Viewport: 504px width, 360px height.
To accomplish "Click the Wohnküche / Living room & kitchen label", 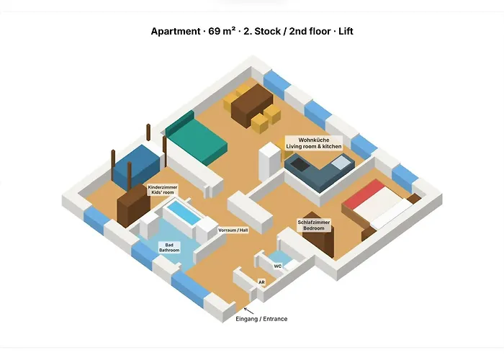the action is click(x=314, y=143).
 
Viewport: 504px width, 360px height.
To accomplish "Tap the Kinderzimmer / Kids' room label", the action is click(x=163, y=189).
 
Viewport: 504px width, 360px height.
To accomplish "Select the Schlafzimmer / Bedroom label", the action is click(x=314, y=225).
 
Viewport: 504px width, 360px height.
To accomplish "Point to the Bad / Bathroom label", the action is click(x=169, y=248).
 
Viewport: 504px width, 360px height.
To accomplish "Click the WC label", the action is click(x=278, y=266).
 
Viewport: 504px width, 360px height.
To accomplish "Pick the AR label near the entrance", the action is click(x=261, y=282).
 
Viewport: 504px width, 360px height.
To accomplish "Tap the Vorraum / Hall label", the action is click(x=233, y=230).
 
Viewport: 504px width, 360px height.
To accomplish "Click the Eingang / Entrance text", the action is click(x=261, y=319).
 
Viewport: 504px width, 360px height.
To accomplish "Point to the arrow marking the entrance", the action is click(x=248, y=311).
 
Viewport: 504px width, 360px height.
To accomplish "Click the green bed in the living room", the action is click(x=197, y=139).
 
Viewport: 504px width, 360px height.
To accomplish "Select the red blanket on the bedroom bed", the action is click(x=364, y=194).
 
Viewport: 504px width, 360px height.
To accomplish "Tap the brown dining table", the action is click(x=252, y=105).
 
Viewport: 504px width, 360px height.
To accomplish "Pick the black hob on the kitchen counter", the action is click(x=300, y=164).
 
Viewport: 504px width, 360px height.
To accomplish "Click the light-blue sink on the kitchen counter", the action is click(x=341, y=162).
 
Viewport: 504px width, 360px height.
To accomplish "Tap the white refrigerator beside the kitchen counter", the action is click(x=270, y=162).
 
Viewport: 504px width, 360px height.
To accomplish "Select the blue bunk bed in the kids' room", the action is click(x=137, y=167).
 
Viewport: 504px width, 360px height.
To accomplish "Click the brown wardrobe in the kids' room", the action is click(x=133, y=206).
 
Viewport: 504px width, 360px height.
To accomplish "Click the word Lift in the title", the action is click(x=346, y=31).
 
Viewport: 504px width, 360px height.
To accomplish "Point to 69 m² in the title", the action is click(x=222, y=31).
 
